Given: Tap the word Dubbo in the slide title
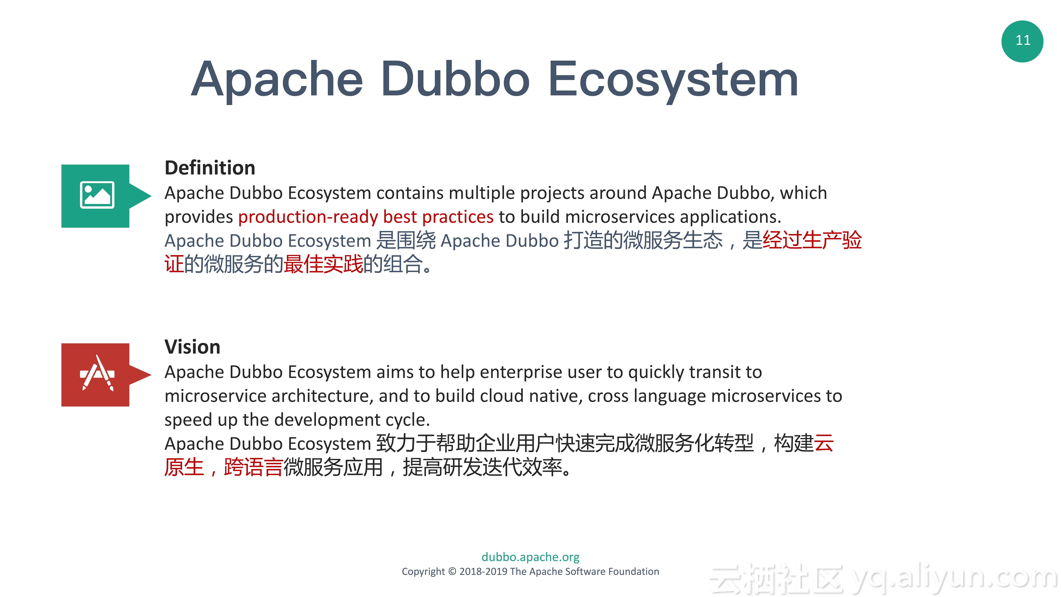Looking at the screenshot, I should (455, 79).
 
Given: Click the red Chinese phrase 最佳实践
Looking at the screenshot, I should (323, 264).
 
